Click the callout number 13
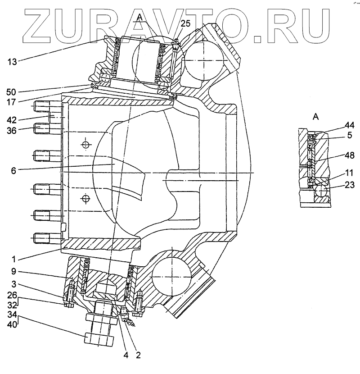13,61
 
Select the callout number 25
186,23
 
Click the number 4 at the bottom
126,355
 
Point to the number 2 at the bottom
138,355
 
